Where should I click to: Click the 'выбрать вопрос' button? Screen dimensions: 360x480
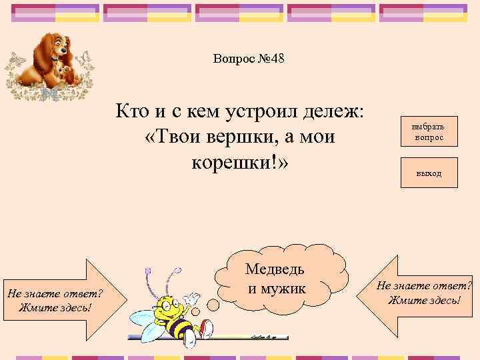tap(429, 131)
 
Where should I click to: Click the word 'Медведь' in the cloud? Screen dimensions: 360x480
tap(275, 269)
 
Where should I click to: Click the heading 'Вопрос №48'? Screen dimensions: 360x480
tap(249, 59)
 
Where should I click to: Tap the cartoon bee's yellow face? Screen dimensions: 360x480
tap(167, 309)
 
